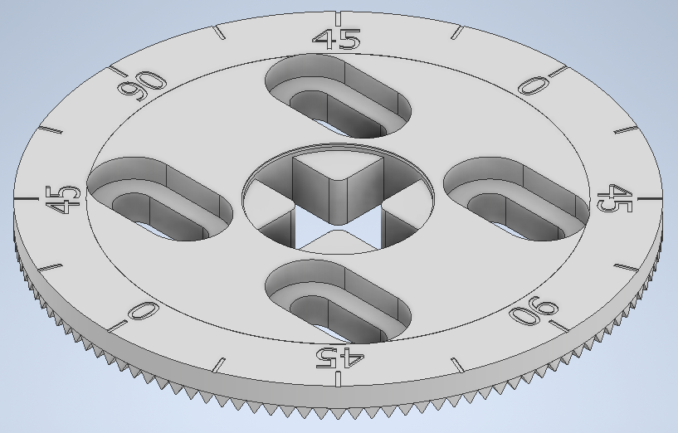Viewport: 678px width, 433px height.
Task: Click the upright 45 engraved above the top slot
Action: (336, 39)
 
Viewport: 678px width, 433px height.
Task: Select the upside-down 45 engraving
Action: (338, 357)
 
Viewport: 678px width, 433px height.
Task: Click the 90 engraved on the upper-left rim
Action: (142, 83)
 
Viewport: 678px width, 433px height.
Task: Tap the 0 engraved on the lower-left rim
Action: (143, 312)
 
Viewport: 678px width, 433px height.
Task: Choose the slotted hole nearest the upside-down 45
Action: (339, 300)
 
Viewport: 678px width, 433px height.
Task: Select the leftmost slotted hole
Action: (160, 200)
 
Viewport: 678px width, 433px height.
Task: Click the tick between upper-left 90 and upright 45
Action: (220, 32)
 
